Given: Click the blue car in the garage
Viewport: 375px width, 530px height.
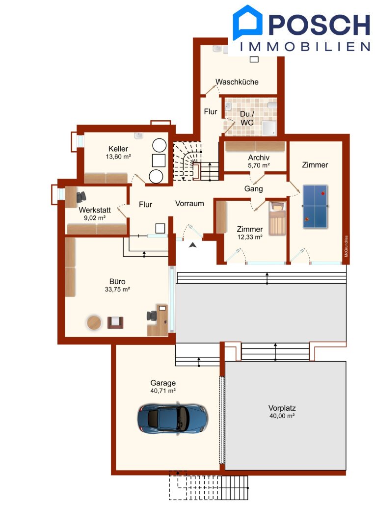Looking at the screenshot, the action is click(172, 418).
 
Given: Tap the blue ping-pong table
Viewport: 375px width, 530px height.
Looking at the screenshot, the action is click(315, 206).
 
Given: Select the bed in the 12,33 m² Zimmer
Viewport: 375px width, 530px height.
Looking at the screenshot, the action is click(277, 218).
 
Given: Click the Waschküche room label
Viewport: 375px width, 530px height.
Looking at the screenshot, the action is click(237, 82).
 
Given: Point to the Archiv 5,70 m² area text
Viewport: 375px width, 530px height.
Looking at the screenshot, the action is click(259, 166).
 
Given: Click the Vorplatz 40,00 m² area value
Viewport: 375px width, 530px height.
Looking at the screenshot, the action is click(282, 416).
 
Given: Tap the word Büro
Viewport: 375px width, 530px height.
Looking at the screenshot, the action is click(117, 282).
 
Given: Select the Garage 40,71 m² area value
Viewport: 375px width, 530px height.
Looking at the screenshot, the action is click(163, 391).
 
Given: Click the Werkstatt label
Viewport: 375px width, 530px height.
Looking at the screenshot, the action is click(95, 210).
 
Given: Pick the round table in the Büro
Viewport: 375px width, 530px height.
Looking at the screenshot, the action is click(94, 322).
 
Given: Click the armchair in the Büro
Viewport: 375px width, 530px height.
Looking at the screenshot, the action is click(115, 322).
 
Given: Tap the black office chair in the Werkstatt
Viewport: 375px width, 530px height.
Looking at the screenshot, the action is click(81, 197).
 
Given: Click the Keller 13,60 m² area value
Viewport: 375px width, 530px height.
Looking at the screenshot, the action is click(118, 157).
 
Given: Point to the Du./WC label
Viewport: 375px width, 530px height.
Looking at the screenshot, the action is click(247, 118).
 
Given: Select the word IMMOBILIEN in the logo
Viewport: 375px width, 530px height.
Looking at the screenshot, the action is click(305, 47).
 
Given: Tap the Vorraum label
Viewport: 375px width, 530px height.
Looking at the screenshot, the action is click(189, 204).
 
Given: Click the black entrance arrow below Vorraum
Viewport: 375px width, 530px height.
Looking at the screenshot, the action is click(193, 245).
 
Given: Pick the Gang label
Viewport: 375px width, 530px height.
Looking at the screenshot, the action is click(254, 189).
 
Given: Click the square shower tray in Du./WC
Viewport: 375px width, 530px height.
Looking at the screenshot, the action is click(269, 128).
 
